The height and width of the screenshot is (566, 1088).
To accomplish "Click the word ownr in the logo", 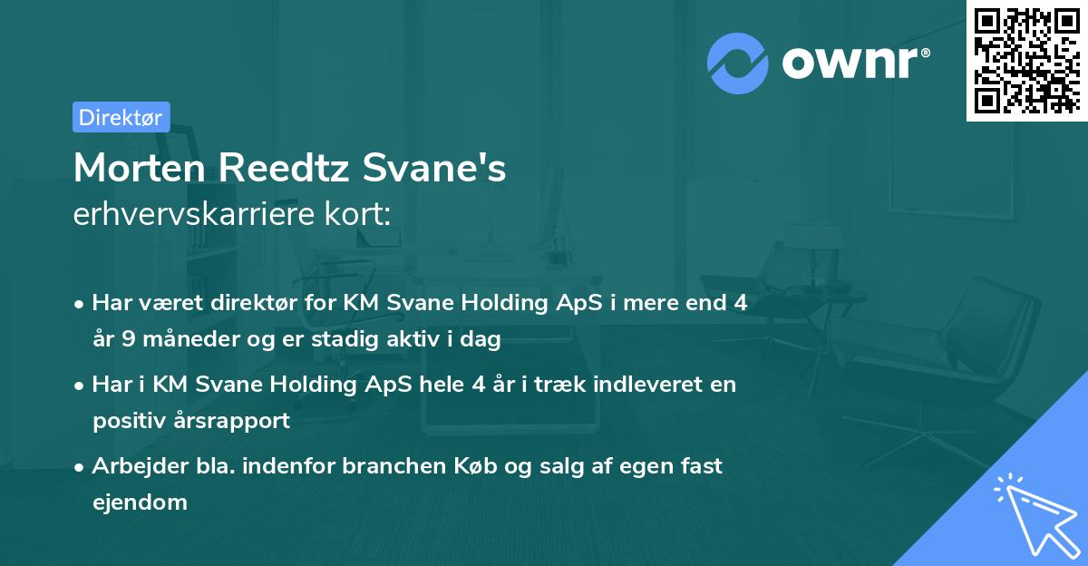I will (x=853, y=62).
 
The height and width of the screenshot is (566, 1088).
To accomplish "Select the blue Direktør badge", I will (x=121, y=117).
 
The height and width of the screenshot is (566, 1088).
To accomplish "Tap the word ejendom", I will (x=140, y=502).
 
